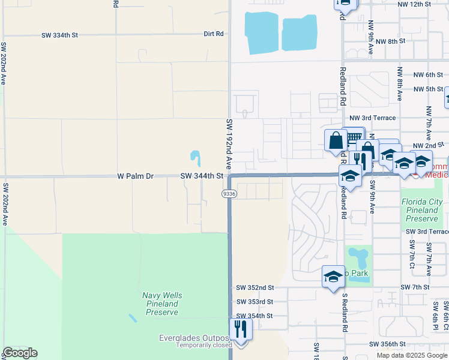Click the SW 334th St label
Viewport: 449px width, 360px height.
(60, 35)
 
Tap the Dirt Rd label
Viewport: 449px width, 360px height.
(214, 34)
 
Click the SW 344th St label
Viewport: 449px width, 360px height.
(202, 176)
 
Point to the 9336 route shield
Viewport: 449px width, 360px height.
(229, 194)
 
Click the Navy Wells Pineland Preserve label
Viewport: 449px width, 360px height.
(162, 304)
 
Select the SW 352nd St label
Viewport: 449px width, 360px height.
(255, 288)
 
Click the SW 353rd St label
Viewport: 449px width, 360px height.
(255, 302)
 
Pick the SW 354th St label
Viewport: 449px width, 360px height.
(255, 316)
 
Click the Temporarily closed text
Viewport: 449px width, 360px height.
(204, 346)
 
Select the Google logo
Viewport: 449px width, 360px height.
(20, 353)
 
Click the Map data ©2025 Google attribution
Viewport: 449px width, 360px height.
(412, 355)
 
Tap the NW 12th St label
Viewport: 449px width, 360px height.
(414, 4)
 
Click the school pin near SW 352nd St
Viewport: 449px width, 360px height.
(333, 277)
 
